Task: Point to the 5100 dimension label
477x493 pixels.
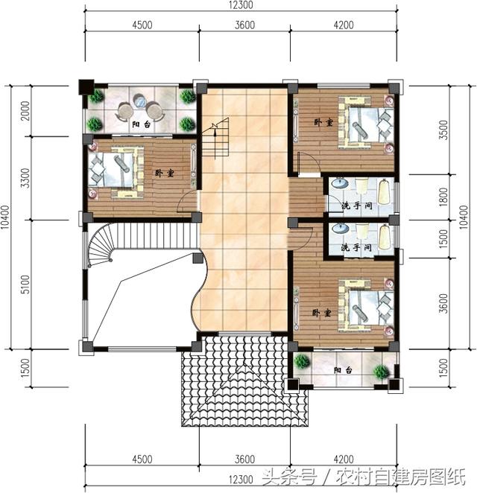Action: [x=25, y=284]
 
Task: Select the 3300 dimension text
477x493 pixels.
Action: [x=25, y=179]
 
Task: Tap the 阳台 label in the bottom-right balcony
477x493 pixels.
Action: [x=343, y=371]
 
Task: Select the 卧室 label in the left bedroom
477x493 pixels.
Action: [x=164, y=173]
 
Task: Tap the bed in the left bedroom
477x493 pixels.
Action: [x=117, y=170]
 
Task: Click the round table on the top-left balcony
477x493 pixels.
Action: [x=139, y=104]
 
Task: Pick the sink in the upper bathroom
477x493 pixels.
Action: [x=339, y=184]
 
